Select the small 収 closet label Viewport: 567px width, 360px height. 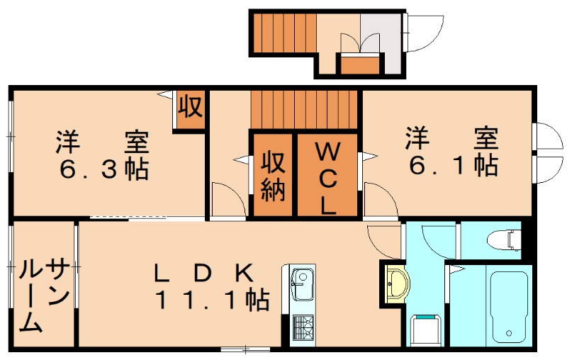click(190, 108)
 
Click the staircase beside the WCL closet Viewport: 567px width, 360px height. click(305, 109)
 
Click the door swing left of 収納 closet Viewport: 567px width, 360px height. click(228, 198)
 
